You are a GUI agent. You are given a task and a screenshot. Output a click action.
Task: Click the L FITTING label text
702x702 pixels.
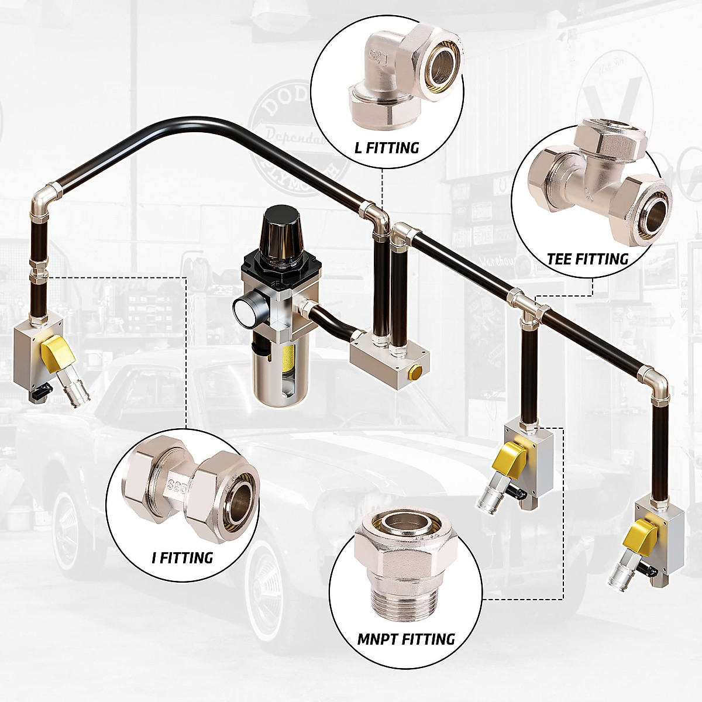387,147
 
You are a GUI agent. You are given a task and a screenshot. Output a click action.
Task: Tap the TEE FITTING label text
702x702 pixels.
587,259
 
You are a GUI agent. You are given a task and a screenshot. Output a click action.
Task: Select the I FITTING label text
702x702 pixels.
183,558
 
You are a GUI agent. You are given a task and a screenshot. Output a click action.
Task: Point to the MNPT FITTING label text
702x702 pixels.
406,639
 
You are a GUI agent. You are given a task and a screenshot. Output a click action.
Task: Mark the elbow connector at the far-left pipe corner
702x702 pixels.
45,198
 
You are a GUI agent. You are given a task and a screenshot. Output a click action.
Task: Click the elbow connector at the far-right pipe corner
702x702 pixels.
655,380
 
